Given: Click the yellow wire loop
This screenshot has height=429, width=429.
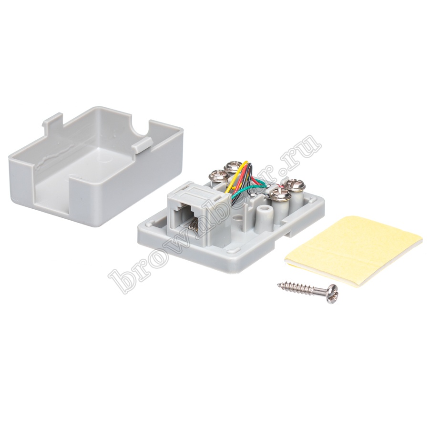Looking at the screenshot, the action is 237,175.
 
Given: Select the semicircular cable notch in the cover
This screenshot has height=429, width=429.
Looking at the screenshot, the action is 139,127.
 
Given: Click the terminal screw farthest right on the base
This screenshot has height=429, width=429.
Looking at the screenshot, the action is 296,184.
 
